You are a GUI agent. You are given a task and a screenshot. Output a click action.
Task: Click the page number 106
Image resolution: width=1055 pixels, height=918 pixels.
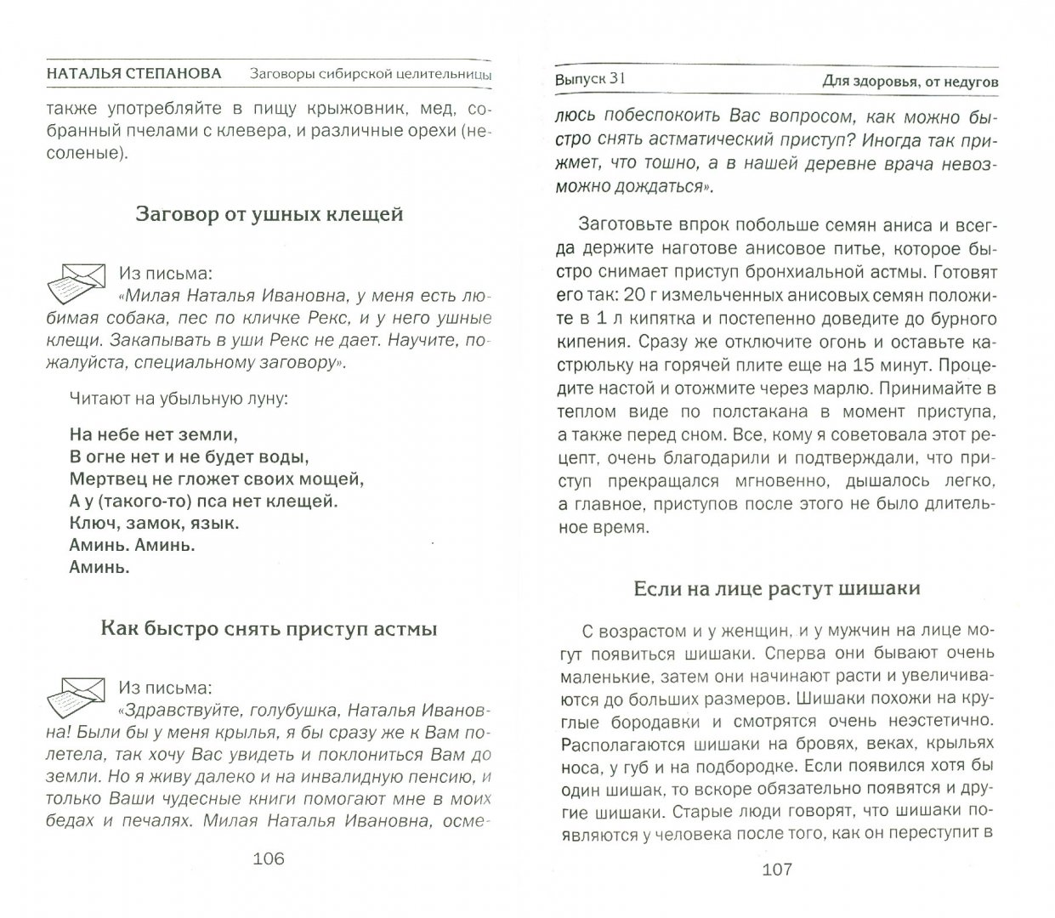(x=268, y=858)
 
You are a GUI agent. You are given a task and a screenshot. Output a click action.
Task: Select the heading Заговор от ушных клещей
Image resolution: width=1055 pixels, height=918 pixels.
(x=269, y=214)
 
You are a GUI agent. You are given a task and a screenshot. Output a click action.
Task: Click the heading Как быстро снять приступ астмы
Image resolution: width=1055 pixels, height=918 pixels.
(x=269, y=629)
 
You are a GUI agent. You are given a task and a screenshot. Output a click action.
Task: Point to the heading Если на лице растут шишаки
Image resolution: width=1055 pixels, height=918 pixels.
(x=777, y=588)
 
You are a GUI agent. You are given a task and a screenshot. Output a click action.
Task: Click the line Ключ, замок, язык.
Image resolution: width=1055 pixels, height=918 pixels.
(x=154, y=522)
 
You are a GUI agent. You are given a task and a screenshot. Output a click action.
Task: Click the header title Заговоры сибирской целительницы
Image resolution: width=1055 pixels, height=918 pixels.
(x=371, y=74)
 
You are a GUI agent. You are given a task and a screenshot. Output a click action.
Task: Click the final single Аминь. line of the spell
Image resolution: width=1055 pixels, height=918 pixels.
(x=99, y=567)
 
